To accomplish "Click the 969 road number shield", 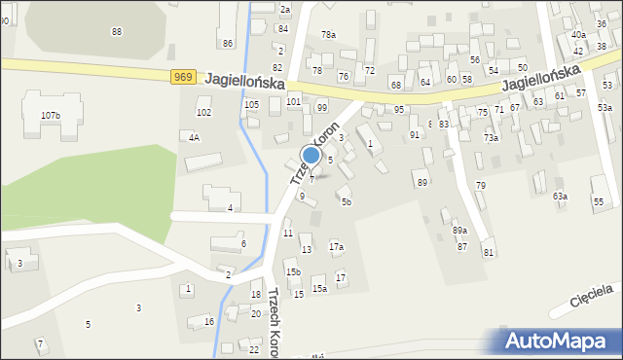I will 186,77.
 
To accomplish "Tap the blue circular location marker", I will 311,155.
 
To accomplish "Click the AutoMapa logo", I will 562,341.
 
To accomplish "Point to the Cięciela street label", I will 593,296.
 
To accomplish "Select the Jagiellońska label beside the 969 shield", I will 244,81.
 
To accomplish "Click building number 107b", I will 50,116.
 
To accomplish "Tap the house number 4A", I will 194,137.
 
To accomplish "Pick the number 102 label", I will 203,113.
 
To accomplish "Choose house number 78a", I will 328,35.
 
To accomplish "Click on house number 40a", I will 578,35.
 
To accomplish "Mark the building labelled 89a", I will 459,231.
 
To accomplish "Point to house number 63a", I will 560,197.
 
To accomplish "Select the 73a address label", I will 492,138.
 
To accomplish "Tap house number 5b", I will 346,201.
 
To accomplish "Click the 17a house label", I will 336,247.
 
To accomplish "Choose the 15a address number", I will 319,289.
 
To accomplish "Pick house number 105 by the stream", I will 251,104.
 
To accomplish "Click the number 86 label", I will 228,43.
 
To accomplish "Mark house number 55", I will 598,201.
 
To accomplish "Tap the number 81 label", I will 489,253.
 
